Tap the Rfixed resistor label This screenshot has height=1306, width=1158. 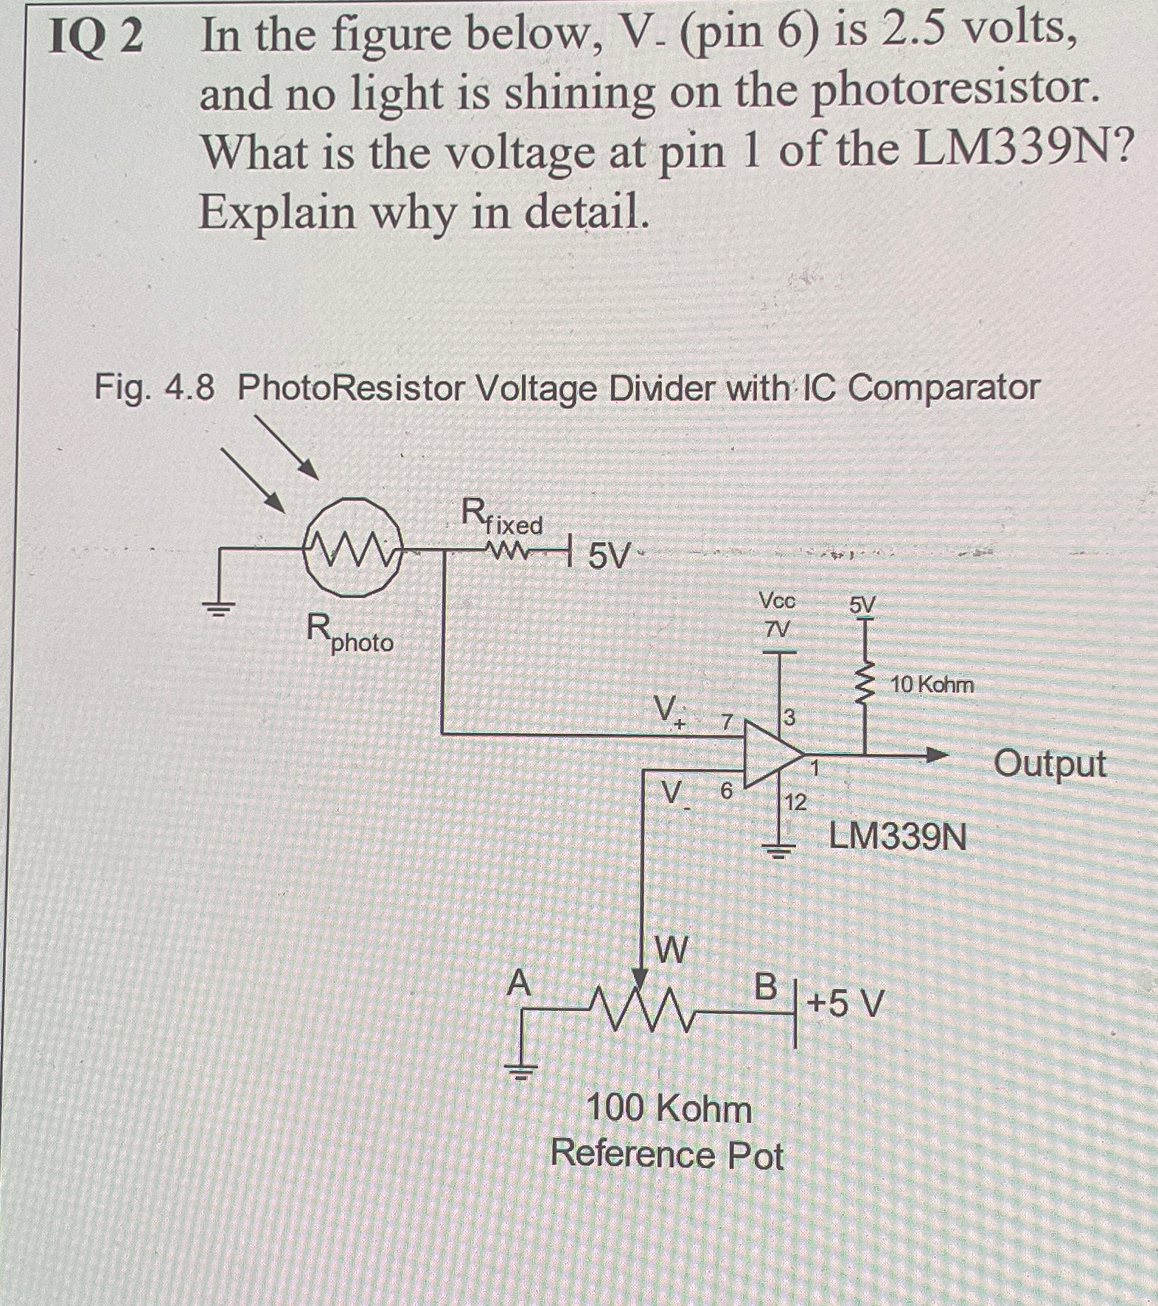[502, 517]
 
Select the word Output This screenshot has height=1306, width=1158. [1050, 764]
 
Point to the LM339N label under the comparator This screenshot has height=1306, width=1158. [898, 837]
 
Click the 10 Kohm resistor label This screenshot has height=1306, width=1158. [932, 685]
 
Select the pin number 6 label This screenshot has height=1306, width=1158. [726, 791]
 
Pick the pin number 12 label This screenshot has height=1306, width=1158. [795, 802]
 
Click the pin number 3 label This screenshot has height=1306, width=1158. [789, 717]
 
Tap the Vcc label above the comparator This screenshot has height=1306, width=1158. [778, 602]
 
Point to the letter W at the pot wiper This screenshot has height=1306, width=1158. [671, 949]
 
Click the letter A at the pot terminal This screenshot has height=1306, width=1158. [520, 983]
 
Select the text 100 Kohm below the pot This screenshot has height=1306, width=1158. [669, 1109]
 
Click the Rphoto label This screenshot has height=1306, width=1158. [349, 635]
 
